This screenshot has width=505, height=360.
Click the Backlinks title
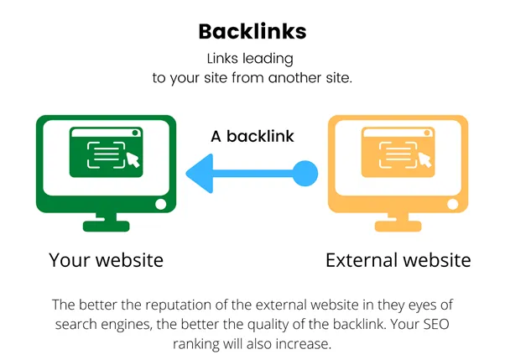pos(252,32)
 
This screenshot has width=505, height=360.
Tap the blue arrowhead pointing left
pos(200,174)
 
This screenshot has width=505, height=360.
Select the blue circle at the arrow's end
pos(305,174)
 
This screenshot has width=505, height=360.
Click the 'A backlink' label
pos(252,136)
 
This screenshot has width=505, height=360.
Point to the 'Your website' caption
pos(106,260)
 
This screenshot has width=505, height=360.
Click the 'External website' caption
pos(398,260)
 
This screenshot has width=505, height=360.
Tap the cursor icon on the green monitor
pos(133,159)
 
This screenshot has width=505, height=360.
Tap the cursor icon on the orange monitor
pos(424,159)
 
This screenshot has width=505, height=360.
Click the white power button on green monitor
pos(161,204)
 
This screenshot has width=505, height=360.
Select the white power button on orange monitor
pos(452,204)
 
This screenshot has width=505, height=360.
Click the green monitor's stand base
pos(106,226)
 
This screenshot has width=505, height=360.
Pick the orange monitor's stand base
pos(398,226)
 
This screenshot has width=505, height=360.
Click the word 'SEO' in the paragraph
pos(436,324)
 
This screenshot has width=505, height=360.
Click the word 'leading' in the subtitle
pos(268,59)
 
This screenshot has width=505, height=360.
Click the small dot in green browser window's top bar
pos(135,133)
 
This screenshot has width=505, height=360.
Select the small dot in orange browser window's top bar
pos(427,133)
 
